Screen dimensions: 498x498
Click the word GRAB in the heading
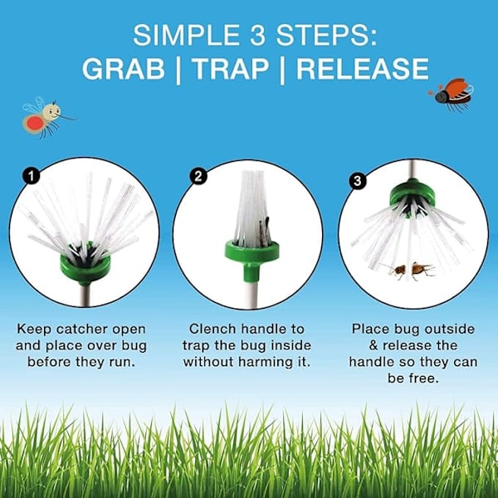124,69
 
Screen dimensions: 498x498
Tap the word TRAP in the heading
230,69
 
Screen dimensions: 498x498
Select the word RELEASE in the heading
363,69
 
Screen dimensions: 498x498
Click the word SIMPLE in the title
186,35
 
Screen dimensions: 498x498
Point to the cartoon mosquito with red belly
45,117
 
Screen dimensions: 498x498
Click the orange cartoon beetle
452,94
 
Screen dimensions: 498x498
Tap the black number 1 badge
31,177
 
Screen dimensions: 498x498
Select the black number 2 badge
198,177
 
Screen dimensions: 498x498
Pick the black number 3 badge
357,181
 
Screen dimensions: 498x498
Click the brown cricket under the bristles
410,270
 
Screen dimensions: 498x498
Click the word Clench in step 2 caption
210,329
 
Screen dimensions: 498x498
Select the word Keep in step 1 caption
34,329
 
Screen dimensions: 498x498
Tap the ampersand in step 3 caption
373,345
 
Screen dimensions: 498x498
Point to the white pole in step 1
84,295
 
